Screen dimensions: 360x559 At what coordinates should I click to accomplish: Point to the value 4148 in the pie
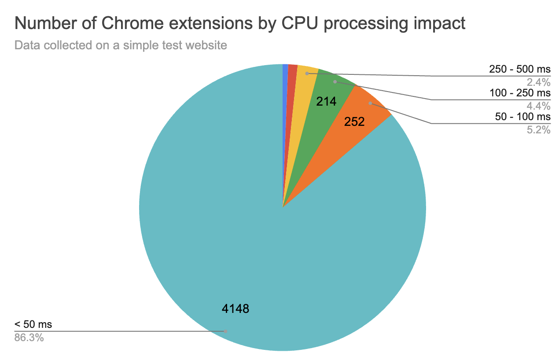coord(235,309)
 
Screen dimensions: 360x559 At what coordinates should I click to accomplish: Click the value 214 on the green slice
coord(326,102)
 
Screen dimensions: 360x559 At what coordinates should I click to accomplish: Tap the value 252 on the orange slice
coord(354,122)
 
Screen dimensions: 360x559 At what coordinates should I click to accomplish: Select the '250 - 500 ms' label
coord(520,69)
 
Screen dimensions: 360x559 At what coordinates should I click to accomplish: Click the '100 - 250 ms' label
coord(520,93)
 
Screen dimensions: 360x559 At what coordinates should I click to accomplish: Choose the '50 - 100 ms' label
coord(522,117)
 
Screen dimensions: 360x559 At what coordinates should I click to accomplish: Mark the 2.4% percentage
coord(539,82)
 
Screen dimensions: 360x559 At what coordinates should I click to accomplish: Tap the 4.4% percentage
coord(539,106)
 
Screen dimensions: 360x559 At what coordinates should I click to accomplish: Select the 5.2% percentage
coord(539,129)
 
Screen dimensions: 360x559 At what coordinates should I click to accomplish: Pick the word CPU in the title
coord(304,23)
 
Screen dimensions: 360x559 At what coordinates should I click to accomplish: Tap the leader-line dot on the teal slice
coord(225,331)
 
